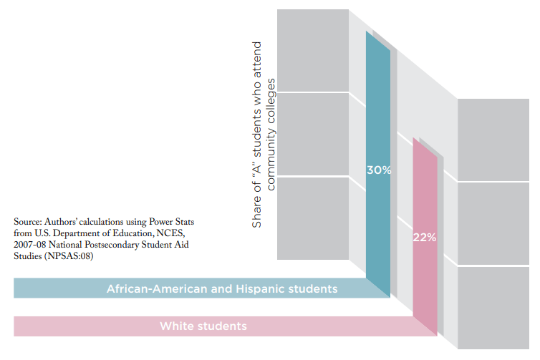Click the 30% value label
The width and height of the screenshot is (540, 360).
click(x=378, y=170)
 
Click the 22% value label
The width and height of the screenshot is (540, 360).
click(x=425, y=238)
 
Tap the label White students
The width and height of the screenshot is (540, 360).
click(x=203, y=326)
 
